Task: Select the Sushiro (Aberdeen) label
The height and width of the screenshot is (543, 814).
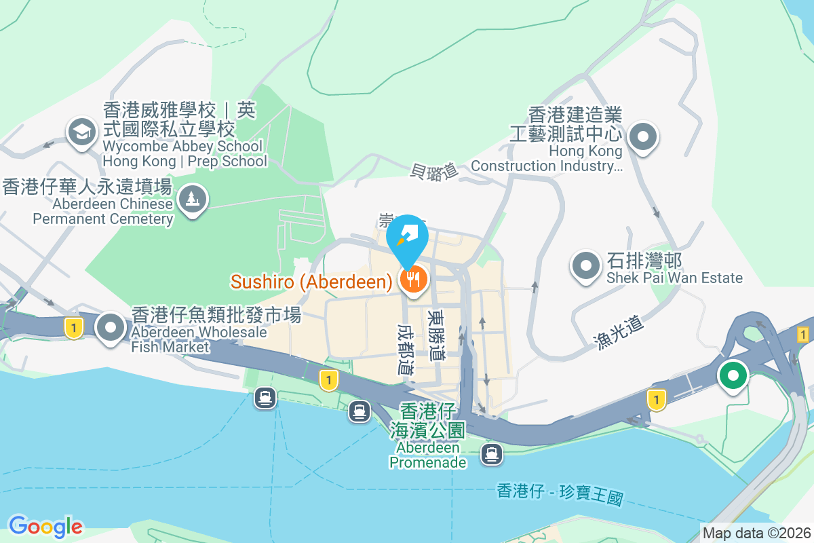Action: click(x=311, y=282)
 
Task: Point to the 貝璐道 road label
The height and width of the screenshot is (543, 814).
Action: click(x=435, y=171)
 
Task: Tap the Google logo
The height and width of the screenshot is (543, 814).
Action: click(x=45, y=526)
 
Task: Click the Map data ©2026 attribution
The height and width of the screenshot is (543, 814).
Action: click(x=756, y=533)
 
